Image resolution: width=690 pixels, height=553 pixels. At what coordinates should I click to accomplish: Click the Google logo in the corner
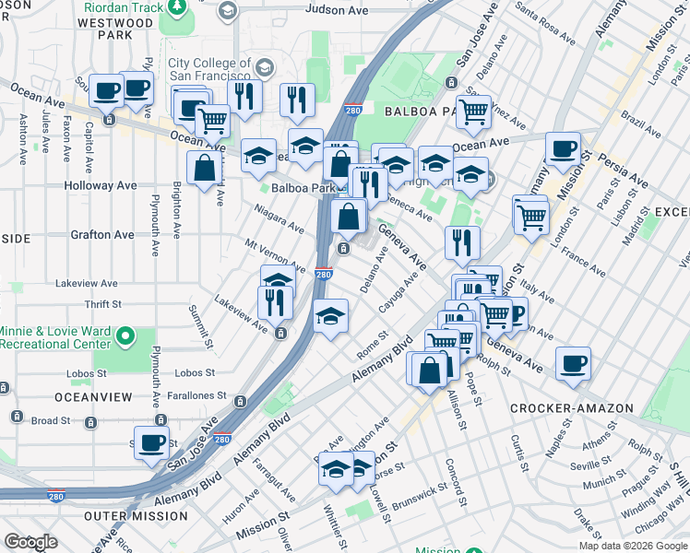pos(30,542)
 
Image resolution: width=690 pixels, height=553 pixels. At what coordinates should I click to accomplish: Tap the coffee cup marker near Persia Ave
pos(563,148)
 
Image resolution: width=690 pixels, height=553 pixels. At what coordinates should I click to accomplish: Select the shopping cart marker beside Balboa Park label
pos(474,112)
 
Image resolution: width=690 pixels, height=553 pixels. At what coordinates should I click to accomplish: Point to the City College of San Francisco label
pos(209,68)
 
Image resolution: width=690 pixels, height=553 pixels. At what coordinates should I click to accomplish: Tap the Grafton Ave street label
pos(101,235)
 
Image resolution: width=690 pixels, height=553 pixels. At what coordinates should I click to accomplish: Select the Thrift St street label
pos(101,304)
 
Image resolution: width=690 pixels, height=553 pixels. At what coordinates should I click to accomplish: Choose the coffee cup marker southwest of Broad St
pos(151,441)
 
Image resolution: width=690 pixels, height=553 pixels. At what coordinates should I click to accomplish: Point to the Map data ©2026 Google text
pos(632,546)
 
